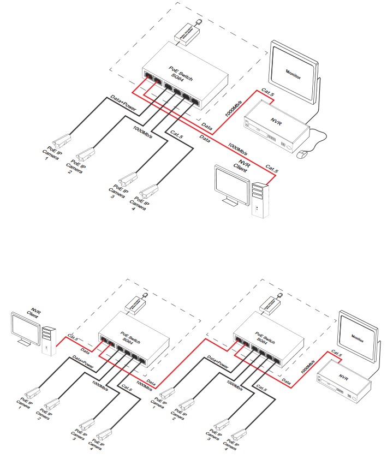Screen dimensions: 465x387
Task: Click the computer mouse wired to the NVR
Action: tap(302, 155)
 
